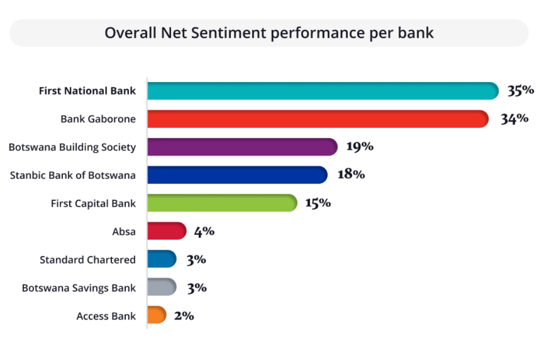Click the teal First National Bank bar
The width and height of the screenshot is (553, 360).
(x=323, y=91)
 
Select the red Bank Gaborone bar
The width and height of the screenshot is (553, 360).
(x=318, y=119)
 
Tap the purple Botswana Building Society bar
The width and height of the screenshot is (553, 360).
(x=242, y=146)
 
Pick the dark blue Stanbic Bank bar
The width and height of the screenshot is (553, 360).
(x=238, y=175)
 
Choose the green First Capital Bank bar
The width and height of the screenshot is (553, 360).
(x=223, y=203)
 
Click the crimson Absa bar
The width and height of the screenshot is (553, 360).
(x=167, y=231)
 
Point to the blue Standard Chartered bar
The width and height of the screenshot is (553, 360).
(x=162, y=259)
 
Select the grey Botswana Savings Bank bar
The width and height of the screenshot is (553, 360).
(x=162, y=287)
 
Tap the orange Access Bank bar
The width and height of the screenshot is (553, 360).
(x=157, y=315)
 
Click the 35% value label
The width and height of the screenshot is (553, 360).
(x=521, y=90)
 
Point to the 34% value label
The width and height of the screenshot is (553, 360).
(x=515, y=118)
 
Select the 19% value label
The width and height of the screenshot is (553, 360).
(x=360, y=146)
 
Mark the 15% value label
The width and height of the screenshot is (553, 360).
(x=318, y=203)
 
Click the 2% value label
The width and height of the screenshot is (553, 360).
(x=184, y=316)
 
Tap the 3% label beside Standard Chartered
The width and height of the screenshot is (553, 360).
(x=197, y=260)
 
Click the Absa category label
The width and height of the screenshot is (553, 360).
(x=124, y=232)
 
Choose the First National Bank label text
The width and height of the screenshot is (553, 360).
(x=87, y=91)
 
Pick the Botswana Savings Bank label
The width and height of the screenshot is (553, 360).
(x=79, y=288)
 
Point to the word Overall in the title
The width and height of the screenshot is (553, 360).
(x=131, y=33)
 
